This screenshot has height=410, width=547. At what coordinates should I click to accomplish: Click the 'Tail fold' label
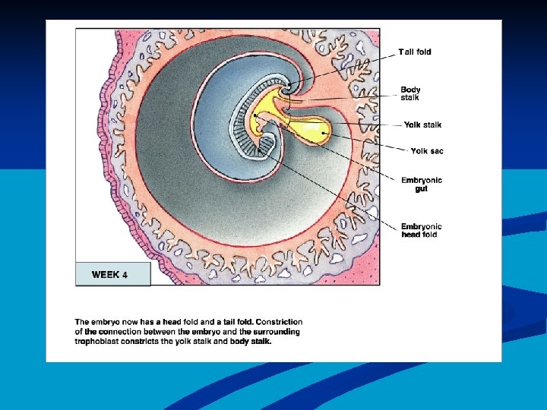point(415,52)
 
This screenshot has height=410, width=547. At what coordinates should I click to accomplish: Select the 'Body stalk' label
point(411,93)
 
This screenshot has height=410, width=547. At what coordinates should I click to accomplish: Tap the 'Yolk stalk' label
point(422,125)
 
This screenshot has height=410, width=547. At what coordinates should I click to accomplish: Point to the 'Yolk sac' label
point(426,151)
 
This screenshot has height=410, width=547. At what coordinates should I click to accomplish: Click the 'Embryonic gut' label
point(421,184)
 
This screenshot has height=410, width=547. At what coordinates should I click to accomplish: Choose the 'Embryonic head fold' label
point(421,230)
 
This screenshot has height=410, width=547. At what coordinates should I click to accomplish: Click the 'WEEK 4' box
point(112,274)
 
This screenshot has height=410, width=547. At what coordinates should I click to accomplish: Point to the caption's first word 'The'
point(81,322)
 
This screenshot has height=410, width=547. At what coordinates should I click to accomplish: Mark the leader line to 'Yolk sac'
point(365,143)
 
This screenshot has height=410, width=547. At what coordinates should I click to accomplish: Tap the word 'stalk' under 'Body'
point(410,97)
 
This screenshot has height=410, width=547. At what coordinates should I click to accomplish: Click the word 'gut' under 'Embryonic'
point(422,188)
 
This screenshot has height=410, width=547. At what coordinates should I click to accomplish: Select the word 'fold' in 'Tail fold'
point(422,52)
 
